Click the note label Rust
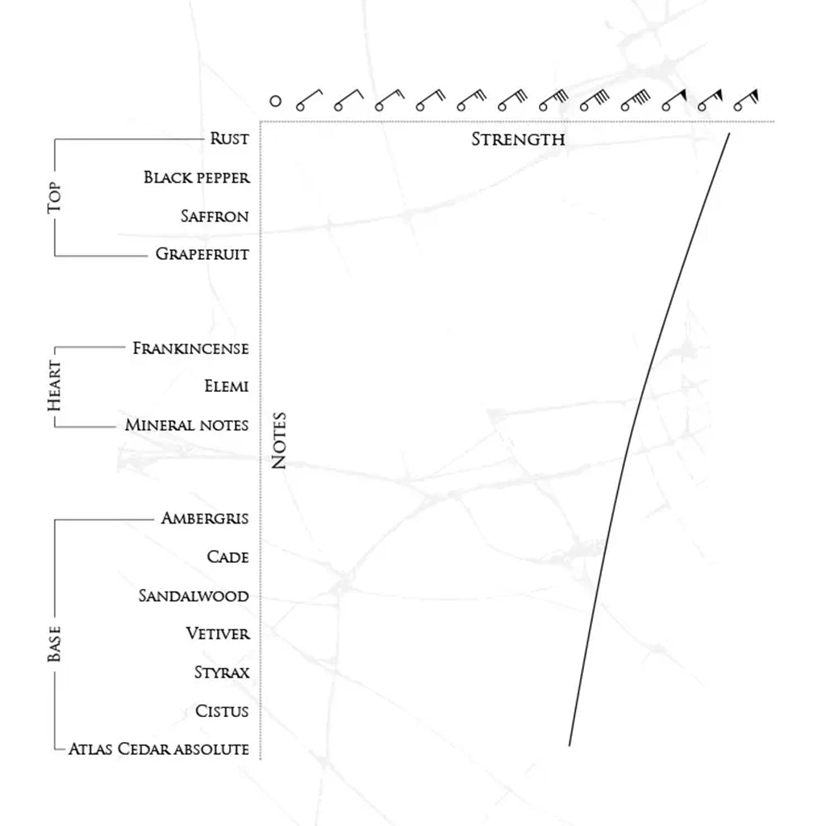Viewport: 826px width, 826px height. coord(229,139)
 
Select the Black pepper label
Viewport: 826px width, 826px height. coord(197,177)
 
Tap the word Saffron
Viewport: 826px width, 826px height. coord(214,216)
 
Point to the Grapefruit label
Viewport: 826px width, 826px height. coord(202,254)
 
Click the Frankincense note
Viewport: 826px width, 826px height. coord(190,348)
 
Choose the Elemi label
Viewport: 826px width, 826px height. coord(227,386)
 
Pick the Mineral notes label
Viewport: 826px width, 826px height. coord(186,425)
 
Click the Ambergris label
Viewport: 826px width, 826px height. coord(205,518)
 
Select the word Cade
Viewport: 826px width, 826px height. coord(227,557)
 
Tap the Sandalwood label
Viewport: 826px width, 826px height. coord(194,596)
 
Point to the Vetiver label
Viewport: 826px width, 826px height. coord(218,634)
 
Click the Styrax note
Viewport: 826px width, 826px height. coord(221,672)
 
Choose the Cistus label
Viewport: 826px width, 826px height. coord(222,711)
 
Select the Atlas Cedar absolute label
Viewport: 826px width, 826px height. coord(158,749)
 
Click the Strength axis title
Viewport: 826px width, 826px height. coord(518,140)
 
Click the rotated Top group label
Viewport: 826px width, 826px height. coord(55,197)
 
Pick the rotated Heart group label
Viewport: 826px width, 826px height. coord(55,386)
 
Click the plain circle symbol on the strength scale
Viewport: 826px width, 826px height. coord(275,102)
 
